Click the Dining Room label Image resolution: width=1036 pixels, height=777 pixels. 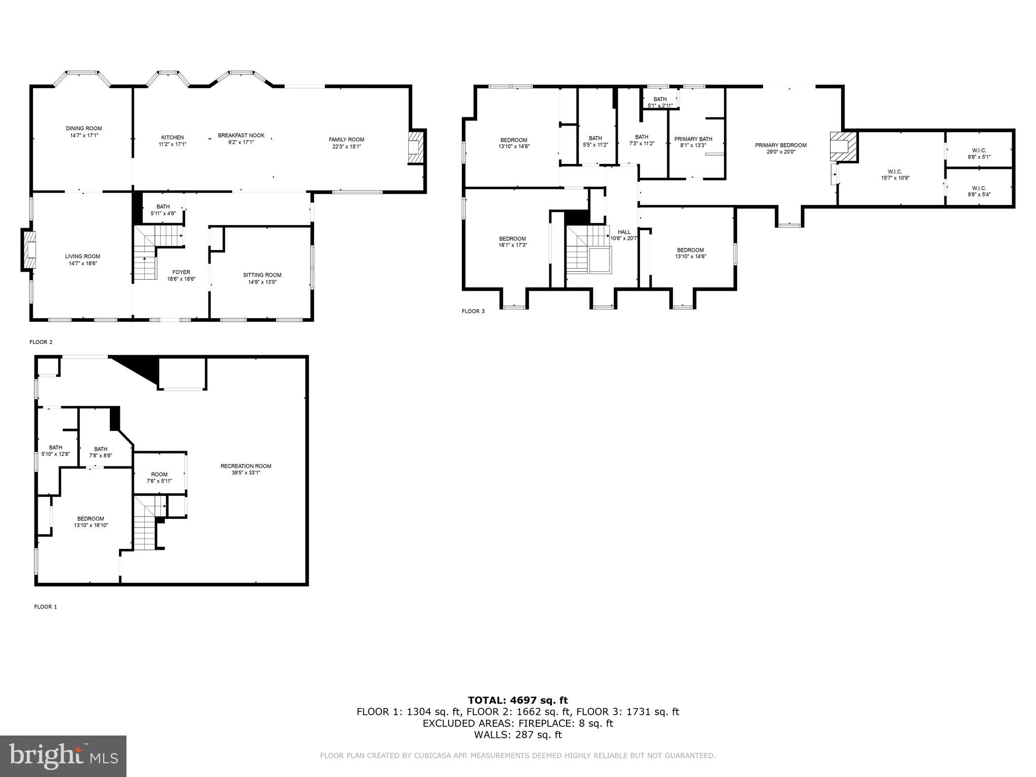83,128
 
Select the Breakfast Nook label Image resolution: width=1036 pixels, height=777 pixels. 241,136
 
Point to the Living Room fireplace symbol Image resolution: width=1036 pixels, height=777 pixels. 29,250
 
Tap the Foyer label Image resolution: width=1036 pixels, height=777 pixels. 181,272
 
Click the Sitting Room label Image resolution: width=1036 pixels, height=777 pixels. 262,275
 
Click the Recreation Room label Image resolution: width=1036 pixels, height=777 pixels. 246,466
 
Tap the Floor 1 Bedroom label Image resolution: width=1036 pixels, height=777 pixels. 91,519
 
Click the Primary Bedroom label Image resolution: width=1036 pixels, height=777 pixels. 781,145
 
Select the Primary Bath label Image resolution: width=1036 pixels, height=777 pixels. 693,139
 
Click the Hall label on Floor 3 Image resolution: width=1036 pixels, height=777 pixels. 624,232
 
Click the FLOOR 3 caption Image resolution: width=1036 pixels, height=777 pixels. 473,311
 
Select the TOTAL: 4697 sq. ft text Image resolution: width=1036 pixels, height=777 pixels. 517,700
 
